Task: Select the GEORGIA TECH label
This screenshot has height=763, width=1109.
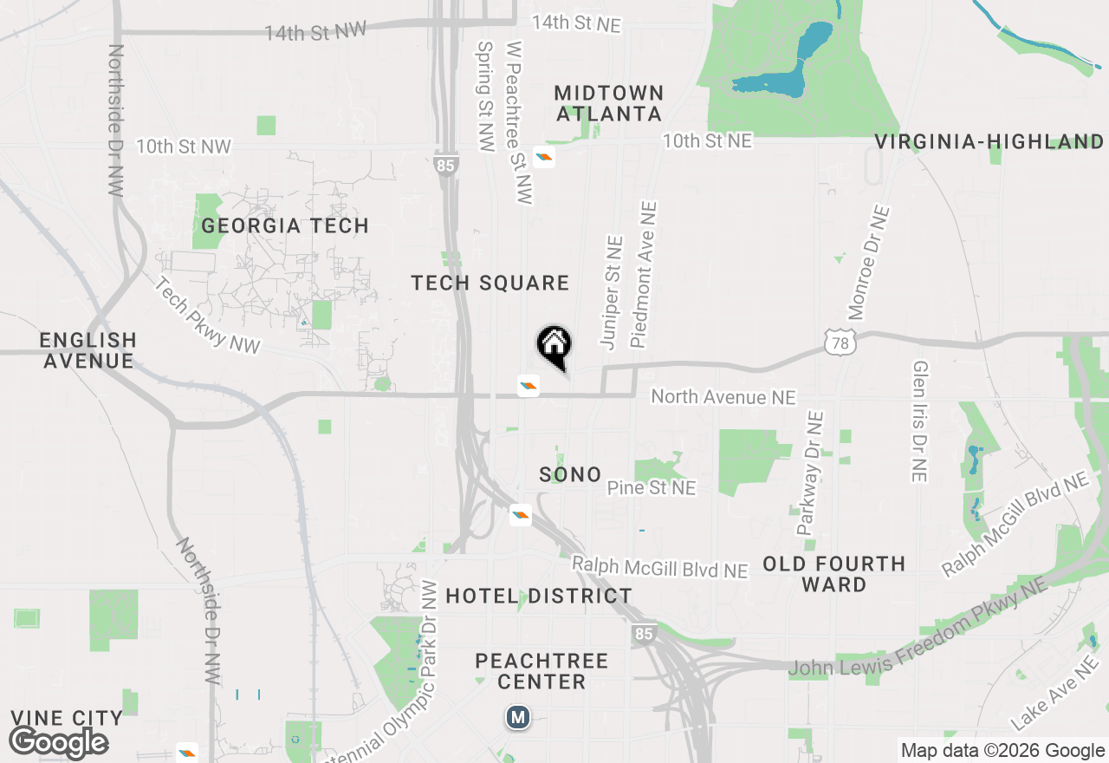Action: (x=285, y=225)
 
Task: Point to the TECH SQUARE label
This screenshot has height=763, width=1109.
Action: (x=490, y=283)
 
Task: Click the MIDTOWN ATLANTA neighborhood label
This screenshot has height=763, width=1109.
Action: (x=609, y=103)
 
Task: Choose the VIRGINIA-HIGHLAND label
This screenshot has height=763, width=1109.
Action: (x=989, y=142)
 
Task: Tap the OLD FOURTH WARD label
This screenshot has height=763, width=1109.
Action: (x=833, y=574)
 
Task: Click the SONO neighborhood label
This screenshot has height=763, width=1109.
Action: (x=570, y=474)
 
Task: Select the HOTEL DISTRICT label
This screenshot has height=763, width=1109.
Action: (x=539, y=596)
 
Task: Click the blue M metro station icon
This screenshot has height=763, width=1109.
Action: (x=518, y=717)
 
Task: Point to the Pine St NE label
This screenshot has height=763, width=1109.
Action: (x=651, y=488)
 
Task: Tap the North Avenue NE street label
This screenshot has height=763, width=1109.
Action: (x=723, y=397)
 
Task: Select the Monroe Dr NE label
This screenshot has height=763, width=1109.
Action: (x=868, y=262)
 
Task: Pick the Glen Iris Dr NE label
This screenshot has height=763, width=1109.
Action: (x=920, y=421)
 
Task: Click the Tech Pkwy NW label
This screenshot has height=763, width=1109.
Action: (x=208, y=316)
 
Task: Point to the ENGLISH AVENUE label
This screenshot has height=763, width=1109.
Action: (x=88, y=350)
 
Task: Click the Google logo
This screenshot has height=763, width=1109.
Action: (x=59, y=742)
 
